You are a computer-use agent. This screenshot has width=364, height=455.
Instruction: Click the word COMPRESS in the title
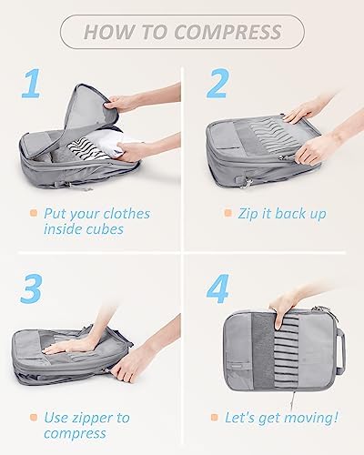tap(228, 32)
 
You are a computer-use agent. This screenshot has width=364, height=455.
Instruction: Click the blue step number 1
tap(32, 83)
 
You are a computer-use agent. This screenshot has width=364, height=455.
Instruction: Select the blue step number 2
tap(217, 83)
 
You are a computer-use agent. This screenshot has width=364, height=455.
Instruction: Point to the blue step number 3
tap(31, 288)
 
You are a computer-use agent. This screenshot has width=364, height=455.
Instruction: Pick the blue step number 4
tap(217, 288)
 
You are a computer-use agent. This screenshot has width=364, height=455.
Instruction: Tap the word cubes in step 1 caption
tap(105, 229)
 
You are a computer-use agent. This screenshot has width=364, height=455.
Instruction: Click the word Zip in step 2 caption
tap(248, 214)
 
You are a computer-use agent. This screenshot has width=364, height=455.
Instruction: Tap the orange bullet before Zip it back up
tap(227, 213)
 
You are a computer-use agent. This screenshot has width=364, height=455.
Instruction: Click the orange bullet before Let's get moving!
tap(215, 418)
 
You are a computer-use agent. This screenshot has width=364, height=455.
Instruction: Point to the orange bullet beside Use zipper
tap(34, 418)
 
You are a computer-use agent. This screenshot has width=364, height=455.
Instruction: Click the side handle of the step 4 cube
tap(340, 351)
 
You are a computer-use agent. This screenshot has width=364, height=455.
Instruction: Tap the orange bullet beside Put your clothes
tap(34, 213)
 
